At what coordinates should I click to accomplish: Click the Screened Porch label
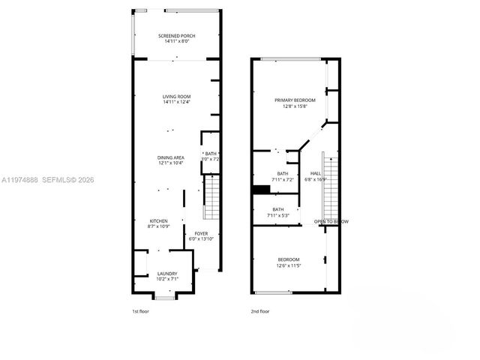(177, 36)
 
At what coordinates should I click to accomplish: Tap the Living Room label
(177, 97)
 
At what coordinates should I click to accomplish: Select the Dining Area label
(171, 157)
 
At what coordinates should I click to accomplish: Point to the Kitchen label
(157, 221)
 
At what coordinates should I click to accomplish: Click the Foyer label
(202, 234)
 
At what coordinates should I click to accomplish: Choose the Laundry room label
(167, 274)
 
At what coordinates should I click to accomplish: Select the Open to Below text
(331, 222)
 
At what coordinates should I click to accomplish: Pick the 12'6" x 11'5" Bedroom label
(288, 259)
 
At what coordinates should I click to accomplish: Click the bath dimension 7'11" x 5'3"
(278, 216)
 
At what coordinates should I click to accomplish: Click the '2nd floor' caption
(260, 310)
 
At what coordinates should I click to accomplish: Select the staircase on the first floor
(212, 195)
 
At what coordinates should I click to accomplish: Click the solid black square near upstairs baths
(261, 190)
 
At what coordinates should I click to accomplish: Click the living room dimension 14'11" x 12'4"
(177, 103)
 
